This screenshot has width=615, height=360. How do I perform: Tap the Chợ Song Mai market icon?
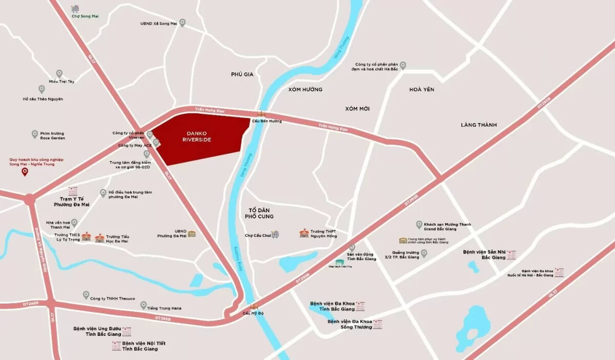click(x=75, y=9)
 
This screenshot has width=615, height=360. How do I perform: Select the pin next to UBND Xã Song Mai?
click(x=182, y=23)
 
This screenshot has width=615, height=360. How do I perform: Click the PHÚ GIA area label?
click(x=242, y=74)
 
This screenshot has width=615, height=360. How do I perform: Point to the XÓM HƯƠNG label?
click(x=305, y=89)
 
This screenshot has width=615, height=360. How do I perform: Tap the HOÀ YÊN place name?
click(x=422, y=89)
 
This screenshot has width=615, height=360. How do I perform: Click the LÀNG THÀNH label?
click(x=479, y=125)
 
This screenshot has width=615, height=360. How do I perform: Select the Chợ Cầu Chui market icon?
click(x=275, y=235)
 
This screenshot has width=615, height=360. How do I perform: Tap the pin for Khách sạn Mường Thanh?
click(x=419, y=224)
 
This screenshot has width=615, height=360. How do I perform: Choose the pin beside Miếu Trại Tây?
click(x=59, y=73)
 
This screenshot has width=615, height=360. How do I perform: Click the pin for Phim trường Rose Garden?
click(x=35, y=133)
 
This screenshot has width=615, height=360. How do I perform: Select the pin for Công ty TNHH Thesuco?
click(x=86, y=295)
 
